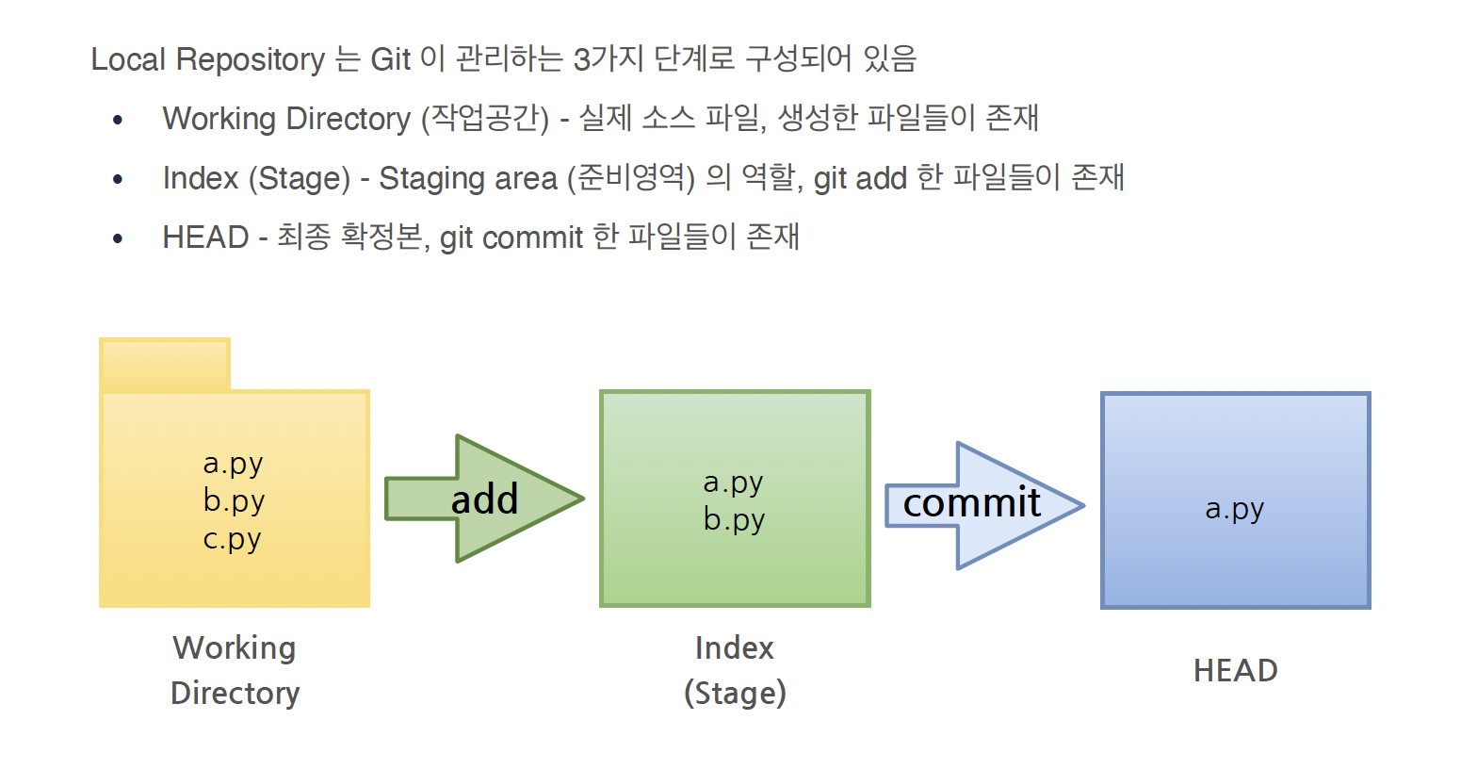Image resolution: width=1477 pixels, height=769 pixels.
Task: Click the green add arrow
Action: tap(484, 499)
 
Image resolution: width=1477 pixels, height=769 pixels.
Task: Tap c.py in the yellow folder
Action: tap(233, 539)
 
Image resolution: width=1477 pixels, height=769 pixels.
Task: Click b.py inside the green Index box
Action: tap(734, 519)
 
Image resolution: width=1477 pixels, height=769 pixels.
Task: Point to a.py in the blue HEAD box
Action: tap(1234, 508)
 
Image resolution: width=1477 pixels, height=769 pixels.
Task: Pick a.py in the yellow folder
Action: tap(233, 463)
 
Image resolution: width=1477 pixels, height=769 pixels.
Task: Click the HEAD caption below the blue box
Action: tap(1235, 670)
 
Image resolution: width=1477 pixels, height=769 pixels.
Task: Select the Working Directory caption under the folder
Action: tap(235, 670)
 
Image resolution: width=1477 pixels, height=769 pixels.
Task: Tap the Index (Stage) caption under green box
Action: tap(735, 670)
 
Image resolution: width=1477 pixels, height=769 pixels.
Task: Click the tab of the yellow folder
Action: tap(165, 365)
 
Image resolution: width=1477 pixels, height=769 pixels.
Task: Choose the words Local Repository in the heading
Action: tap(208, 59)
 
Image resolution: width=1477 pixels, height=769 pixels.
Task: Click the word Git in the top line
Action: tap(390, 59)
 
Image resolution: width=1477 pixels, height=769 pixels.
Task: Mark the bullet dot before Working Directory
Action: tap(118, 120)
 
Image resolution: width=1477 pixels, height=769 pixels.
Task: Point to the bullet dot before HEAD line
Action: tap(118, 238)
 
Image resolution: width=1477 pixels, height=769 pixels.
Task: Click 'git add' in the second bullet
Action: tap(859, 178)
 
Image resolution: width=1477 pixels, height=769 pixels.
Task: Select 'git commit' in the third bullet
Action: tap(511, 237)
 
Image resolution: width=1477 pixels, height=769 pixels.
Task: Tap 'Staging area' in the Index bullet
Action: tap(467, 178)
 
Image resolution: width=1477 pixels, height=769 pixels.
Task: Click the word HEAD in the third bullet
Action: tap(205, 237)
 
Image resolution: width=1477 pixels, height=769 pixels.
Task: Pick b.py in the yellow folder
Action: tap(234, 500)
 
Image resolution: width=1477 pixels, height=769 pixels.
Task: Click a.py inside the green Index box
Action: tap(733, 482)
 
